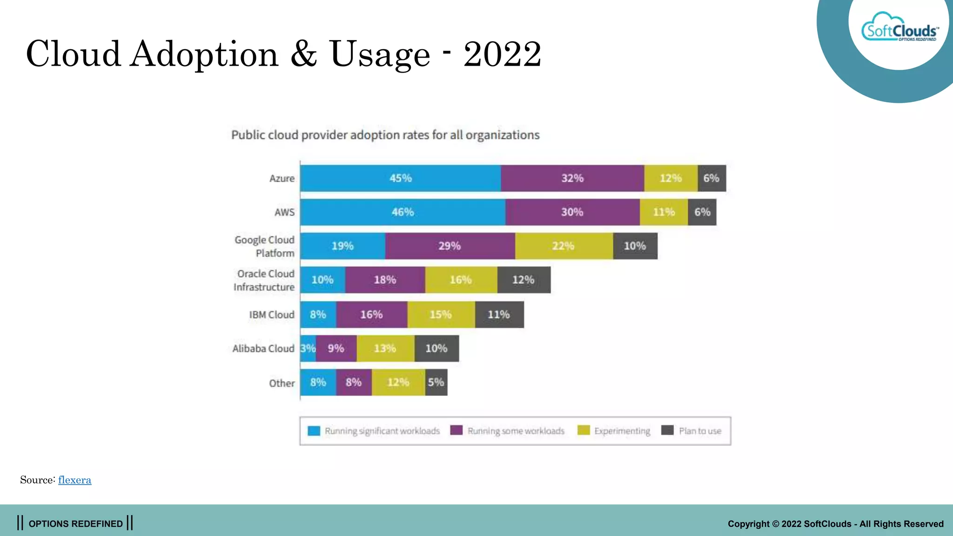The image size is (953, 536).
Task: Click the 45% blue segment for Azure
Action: [x=401, y=178]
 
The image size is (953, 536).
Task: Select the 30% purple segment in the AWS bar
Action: [x=572, y=212]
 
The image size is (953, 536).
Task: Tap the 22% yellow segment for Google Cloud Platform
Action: [x=564, y=246]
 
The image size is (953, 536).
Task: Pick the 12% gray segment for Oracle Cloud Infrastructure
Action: [x=523, y=280]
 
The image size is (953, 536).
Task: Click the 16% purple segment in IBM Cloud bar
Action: [x=371, y=315]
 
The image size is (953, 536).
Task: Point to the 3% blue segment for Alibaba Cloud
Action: [x=308, y=348]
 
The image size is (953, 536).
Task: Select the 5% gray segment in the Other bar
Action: [x=436, y=382]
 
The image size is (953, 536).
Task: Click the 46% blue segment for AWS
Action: [x=403, y=212]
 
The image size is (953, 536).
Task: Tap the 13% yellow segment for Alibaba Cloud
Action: [x=385, y=348]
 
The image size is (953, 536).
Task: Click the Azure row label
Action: [x=282, y=179]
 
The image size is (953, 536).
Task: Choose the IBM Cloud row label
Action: [x=272, y=315]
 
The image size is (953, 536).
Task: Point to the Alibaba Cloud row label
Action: [x=263, y=349]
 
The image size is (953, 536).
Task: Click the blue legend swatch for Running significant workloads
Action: [x=314, y=431]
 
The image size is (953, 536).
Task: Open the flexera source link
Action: [x=74, y=480]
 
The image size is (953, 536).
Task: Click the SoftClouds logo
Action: [x=899, y=31]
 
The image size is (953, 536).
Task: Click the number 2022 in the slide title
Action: [x=502, y=54]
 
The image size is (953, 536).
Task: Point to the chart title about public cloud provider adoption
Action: [x=385, y=135]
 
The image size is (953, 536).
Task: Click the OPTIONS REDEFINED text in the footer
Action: [x=75, y=524]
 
